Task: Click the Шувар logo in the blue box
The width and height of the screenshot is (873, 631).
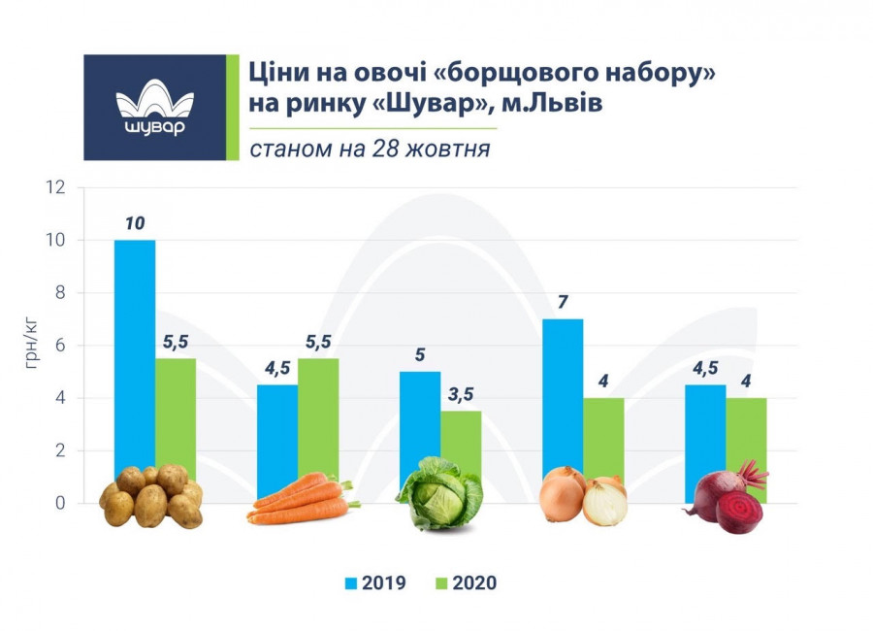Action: (154, 108)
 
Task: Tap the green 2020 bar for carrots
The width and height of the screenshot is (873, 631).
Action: (318, 417)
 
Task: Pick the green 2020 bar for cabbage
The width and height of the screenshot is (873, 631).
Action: (461, 437)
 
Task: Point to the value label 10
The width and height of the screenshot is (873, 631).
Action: (135, 223)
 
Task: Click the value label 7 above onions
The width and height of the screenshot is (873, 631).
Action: (563, 302)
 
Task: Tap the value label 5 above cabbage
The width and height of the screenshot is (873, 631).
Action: (420, 354)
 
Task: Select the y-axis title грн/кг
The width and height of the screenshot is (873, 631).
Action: (33, 346)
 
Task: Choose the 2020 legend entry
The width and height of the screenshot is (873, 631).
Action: (466, 583)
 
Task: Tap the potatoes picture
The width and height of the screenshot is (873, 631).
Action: (151, 496)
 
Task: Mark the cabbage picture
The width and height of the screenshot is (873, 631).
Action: (439, 493)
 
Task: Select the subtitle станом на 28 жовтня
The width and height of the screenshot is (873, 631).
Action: (369, 149)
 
